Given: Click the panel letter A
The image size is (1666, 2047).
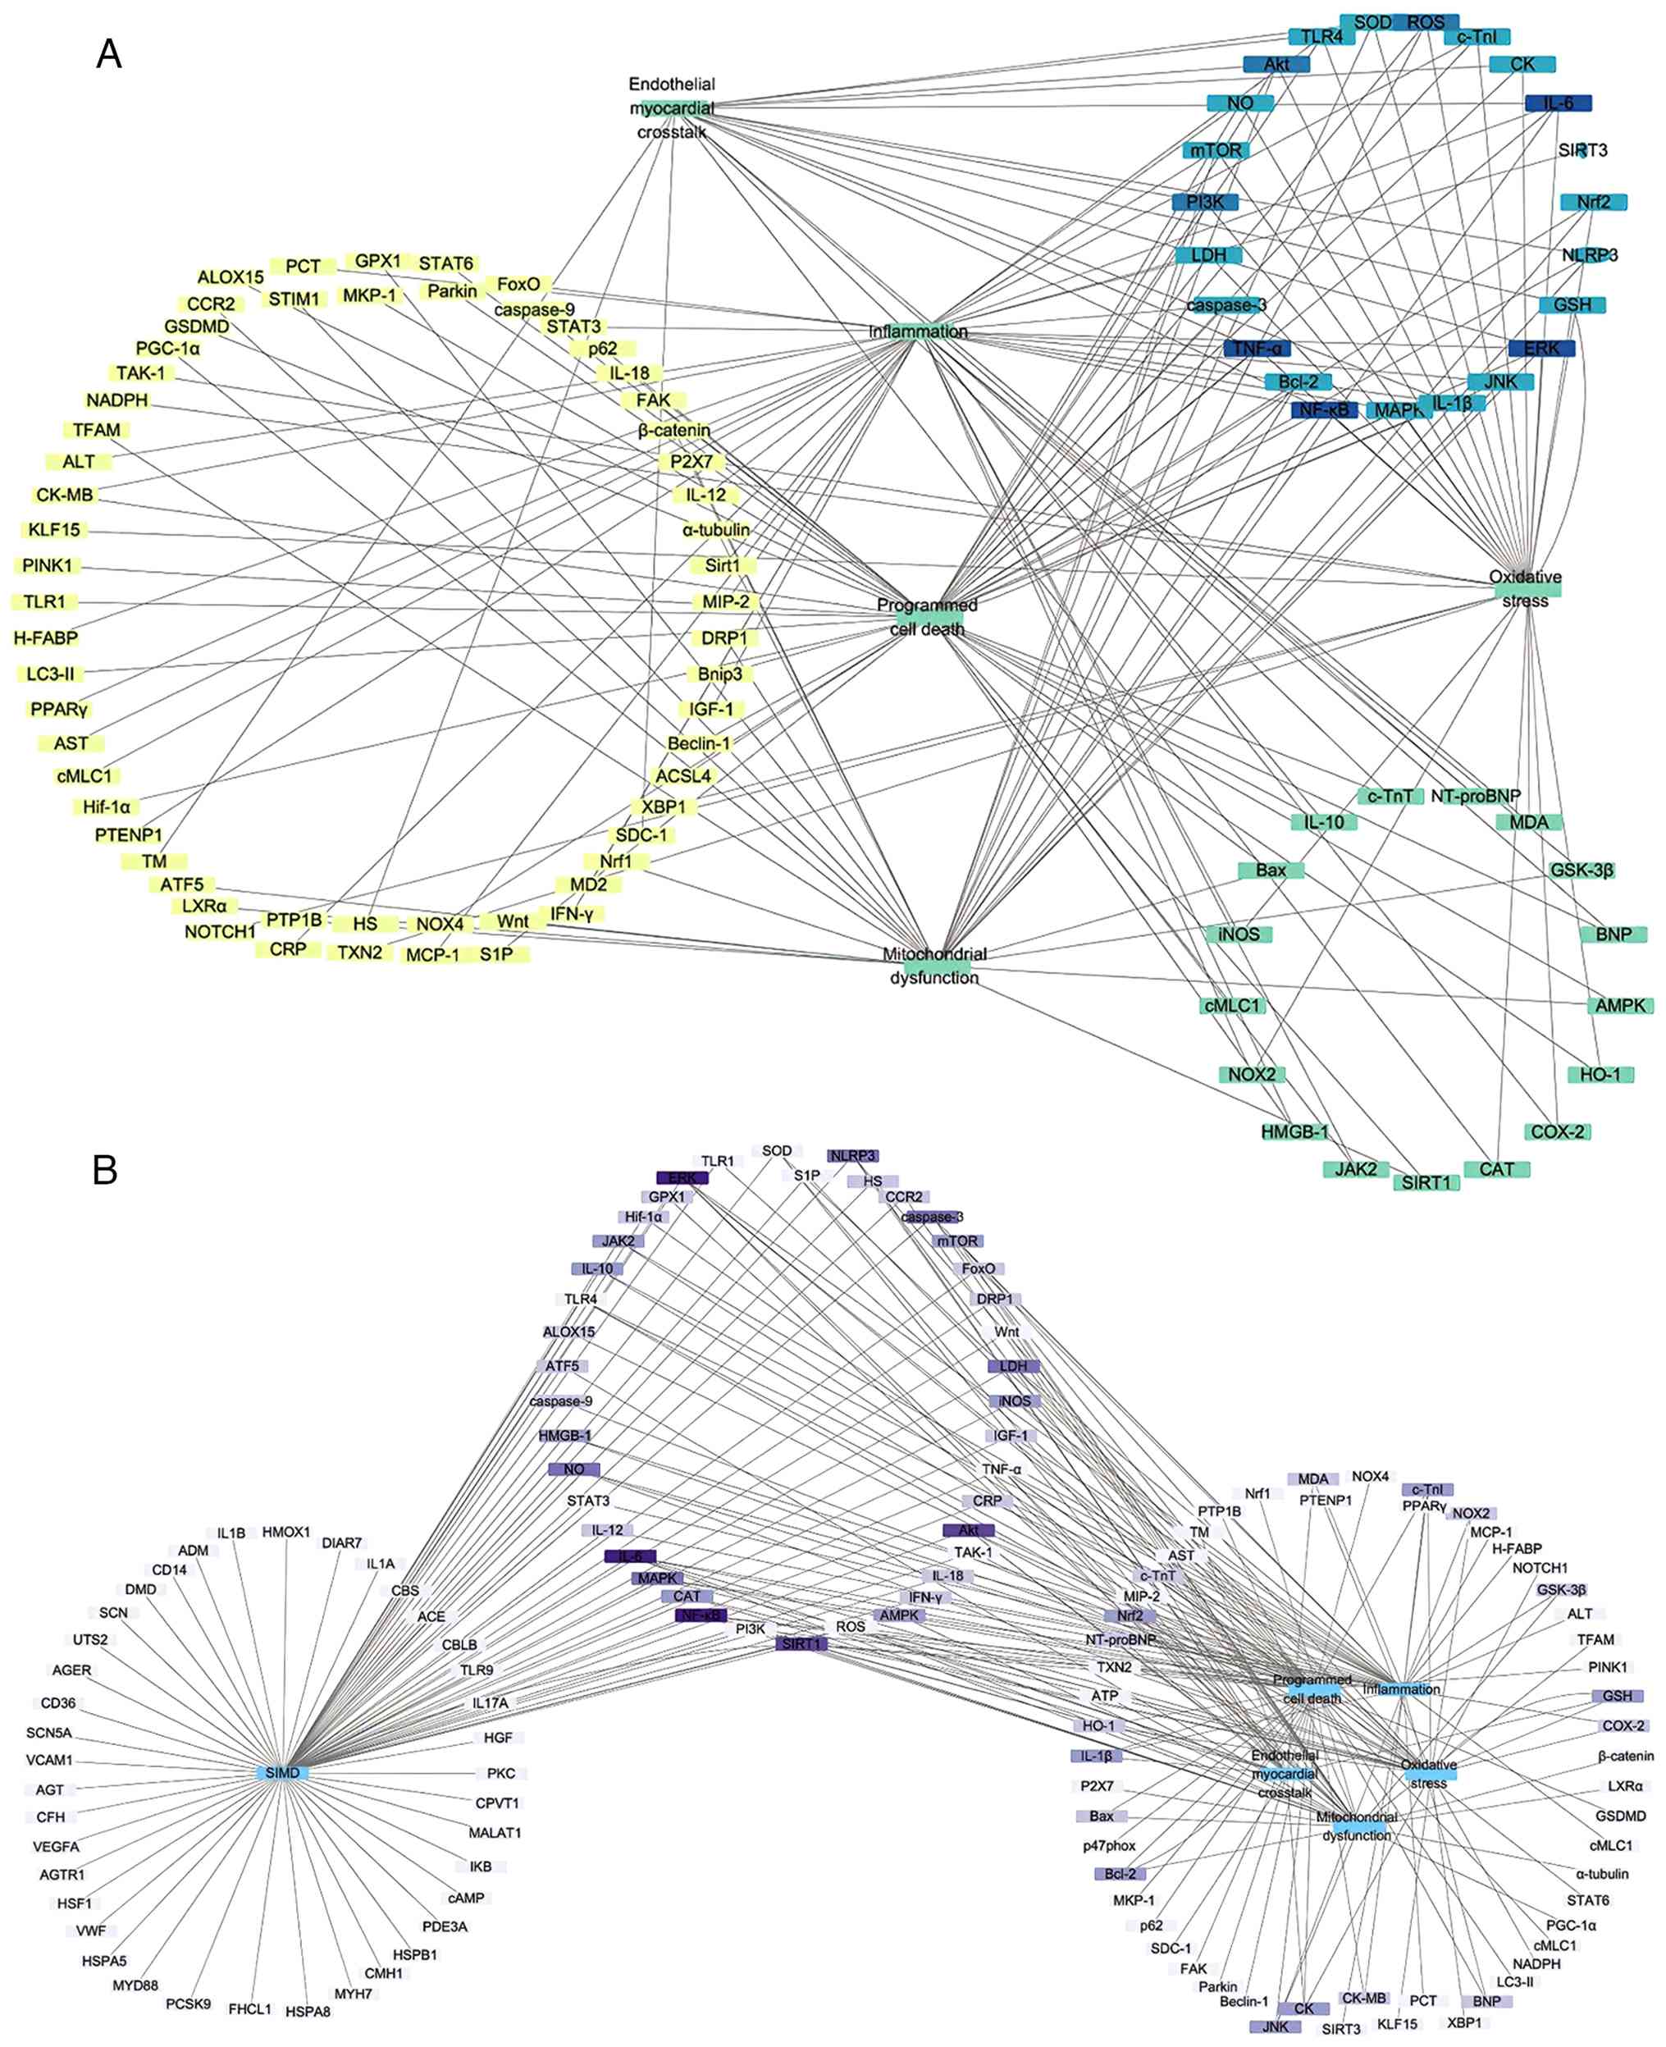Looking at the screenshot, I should coord(109,54).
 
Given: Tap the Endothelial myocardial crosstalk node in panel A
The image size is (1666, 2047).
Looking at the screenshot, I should coord(673,107).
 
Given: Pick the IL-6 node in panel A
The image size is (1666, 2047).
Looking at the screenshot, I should coord(1558,103).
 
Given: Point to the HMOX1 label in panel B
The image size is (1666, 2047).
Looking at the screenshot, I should coord(286,1532).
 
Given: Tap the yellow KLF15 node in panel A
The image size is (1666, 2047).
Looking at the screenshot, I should coord(54,530).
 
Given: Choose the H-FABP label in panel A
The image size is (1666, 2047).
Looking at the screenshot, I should coord(46,637).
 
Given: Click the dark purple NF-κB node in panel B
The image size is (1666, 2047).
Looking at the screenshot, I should coord(701,1615).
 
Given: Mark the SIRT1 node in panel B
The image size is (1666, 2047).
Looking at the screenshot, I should coord(801,1644).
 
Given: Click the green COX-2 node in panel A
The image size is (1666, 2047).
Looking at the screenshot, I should coord(1557,1131).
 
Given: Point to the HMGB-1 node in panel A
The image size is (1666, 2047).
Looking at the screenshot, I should coord(1294,1131).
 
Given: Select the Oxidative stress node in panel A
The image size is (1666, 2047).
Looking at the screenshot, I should coord(1525,588).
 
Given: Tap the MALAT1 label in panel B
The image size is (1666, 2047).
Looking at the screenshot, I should coord(495,1832).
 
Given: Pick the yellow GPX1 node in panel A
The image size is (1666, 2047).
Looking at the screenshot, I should coord(378,261).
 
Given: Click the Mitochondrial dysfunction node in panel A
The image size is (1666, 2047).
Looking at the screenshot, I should coord(933,966).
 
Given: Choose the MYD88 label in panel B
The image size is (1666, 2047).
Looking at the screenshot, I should coord(135,1985).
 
